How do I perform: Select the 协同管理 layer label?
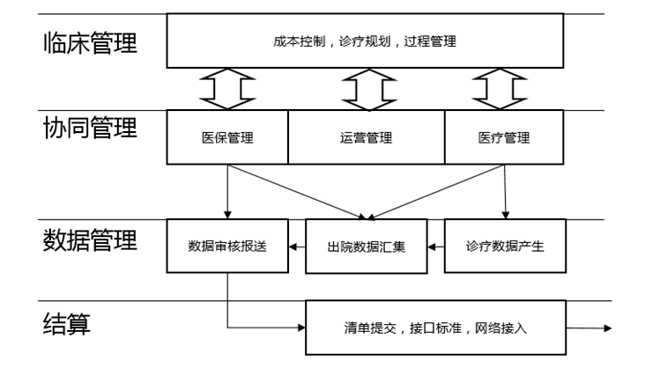click(x=90, y=129)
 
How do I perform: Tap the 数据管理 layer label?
click(x=90, y=240)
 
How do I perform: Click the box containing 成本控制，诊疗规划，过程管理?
click(x=365, y=41)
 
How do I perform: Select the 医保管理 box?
click(x=227, y=137)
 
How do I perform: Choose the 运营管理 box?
click(x=366, y=137)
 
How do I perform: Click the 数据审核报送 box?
click(x=227, y=246)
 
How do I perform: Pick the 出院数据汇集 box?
click(x=366, y=246)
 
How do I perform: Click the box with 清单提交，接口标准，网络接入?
click(x=435, y=328)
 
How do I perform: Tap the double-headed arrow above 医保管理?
click(x=227, y=89)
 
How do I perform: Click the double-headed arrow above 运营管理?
click(x=366, y=89)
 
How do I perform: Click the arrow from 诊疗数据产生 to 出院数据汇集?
click(x=435, y=247)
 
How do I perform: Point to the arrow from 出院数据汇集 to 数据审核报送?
click(x=298, y=247)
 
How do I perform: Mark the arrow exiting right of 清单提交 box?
click(x=586, y=328)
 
